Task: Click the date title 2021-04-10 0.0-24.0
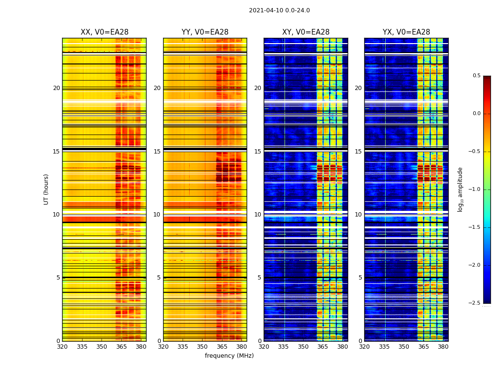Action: coord(279,10)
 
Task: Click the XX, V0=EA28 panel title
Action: coord(104,32)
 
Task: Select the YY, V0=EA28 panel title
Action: coord(205,32)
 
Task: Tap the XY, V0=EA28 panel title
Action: coord(306,32)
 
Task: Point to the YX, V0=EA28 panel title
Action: coord(406,32)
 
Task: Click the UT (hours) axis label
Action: coord(46,189)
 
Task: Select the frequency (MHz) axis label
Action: coord(229,356)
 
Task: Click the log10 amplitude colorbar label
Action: coord(460,189)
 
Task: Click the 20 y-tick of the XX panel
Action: coord(56,88)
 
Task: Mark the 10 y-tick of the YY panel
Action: coord(157,215)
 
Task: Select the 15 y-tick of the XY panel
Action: coord(258,152)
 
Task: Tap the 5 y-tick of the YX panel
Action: coord(360,278)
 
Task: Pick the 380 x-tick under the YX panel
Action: coord(443,346)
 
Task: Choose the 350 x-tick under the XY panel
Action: coord(303,346)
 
